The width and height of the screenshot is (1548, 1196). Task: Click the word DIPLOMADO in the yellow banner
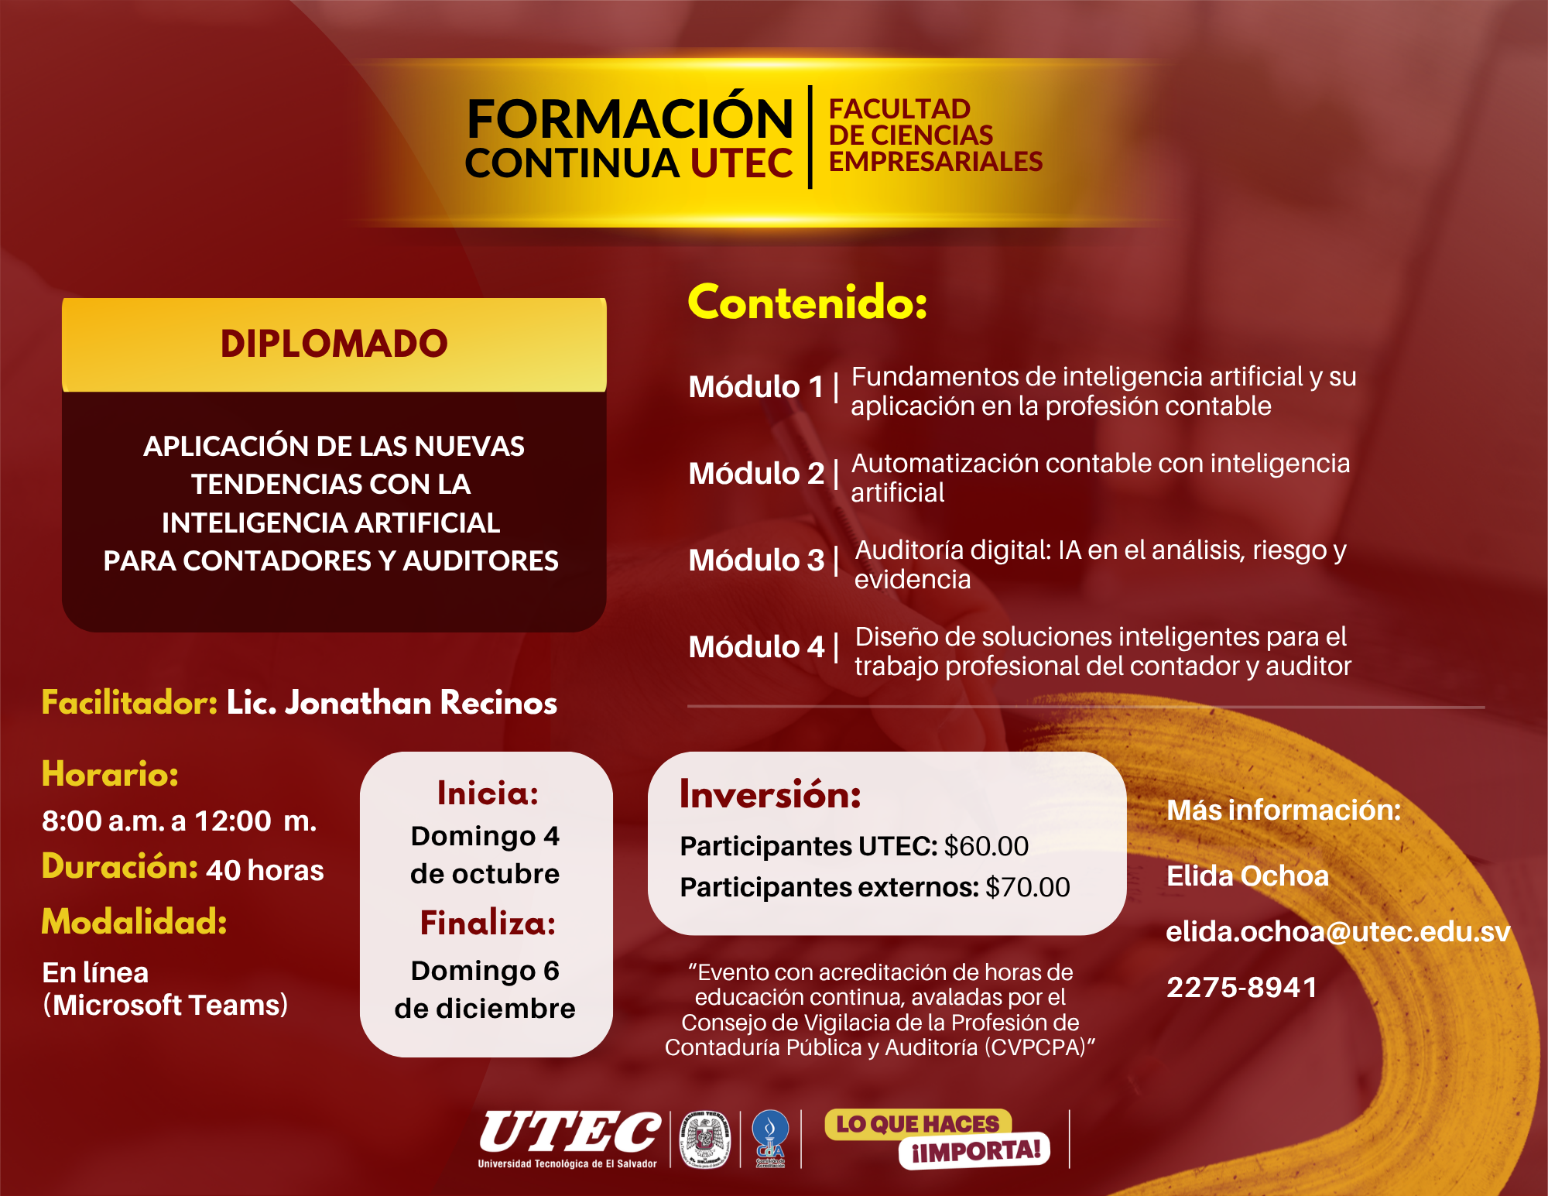tap(334, 344)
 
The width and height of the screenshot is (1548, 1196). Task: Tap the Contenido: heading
tap(807, 302)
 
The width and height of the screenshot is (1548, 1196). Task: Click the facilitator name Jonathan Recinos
tap(421, 702)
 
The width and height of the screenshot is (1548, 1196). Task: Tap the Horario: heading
tap(110, 773)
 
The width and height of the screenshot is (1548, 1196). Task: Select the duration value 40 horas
tap(265, 870)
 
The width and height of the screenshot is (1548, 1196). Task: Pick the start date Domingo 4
tap(485, 836)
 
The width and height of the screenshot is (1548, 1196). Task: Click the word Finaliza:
tap(488, 923)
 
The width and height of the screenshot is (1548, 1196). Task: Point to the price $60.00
tap(986, 846)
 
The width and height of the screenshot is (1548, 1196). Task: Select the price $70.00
tap(1028, 887)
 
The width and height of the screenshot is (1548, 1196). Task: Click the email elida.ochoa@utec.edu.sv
tap(1338, 931)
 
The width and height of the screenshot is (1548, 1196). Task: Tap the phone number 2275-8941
tap(1241, 987)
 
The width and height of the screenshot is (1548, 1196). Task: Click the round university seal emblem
tap(704, 1139)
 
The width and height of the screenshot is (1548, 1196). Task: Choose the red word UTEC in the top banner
tap(741, 163)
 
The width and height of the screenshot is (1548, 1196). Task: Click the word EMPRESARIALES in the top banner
tap(936, 161)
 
